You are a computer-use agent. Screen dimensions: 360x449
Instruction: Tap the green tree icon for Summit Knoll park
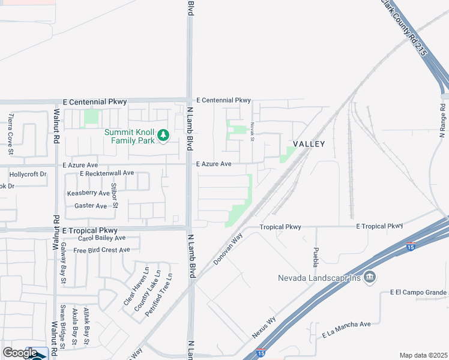163,137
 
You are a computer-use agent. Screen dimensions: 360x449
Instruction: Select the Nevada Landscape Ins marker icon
370,277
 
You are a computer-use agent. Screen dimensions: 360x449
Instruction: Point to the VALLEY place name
309,144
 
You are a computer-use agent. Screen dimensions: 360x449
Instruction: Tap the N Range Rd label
442,120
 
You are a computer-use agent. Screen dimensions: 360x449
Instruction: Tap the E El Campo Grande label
418,293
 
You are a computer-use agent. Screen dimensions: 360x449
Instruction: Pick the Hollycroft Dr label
28,174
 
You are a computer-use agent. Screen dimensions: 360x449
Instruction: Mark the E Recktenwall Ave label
107,173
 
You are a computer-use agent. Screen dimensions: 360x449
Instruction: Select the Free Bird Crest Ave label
101,250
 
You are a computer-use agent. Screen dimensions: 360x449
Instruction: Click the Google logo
20,353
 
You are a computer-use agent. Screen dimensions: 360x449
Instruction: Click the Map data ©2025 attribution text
423,355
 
